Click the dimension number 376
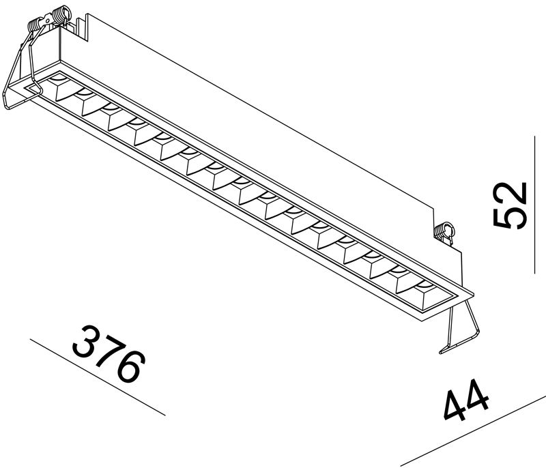[x=109, y=354]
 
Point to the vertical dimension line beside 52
[x=534, y=205]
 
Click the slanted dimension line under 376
[x=98, y=377]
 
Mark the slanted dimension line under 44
[x=473, y=430]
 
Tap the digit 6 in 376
[x=130, y=366]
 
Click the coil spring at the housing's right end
[x=444, y=231]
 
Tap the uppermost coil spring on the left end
[x=61, y=15]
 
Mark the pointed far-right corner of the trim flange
[x=474, y=294]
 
